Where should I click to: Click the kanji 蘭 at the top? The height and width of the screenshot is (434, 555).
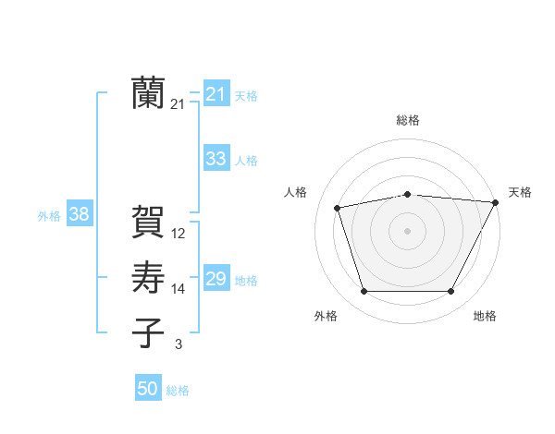tap(149, 93)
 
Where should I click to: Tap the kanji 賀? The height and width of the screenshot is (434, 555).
tap(149, 223)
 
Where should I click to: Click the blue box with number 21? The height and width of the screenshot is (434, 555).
tap(216, 94)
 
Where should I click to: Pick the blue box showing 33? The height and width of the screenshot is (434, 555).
tap(216, 159)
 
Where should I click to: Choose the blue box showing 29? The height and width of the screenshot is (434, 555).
tap(216, 279)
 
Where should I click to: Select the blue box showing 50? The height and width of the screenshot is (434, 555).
tap(148, 389)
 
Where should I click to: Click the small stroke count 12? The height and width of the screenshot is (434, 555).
tap(179, 234)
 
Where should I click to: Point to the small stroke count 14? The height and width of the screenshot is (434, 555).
tap(179, 289)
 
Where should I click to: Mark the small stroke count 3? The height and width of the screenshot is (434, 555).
tap(179, 344)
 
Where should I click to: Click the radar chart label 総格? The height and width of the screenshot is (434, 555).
tap(407, 120)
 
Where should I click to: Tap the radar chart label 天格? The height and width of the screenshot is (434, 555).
tap(520, 192)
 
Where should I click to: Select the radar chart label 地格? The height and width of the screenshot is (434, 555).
tap(485, 316)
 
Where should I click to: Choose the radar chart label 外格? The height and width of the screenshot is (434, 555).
tap(326, 316)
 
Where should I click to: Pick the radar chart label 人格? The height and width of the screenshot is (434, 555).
tap(295, 192)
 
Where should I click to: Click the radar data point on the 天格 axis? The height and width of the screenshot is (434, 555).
tap(496, 202)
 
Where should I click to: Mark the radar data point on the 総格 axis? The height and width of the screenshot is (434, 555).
tap(407, 194)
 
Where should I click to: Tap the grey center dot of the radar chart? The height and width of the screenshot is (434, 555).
tap(407, 230)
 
